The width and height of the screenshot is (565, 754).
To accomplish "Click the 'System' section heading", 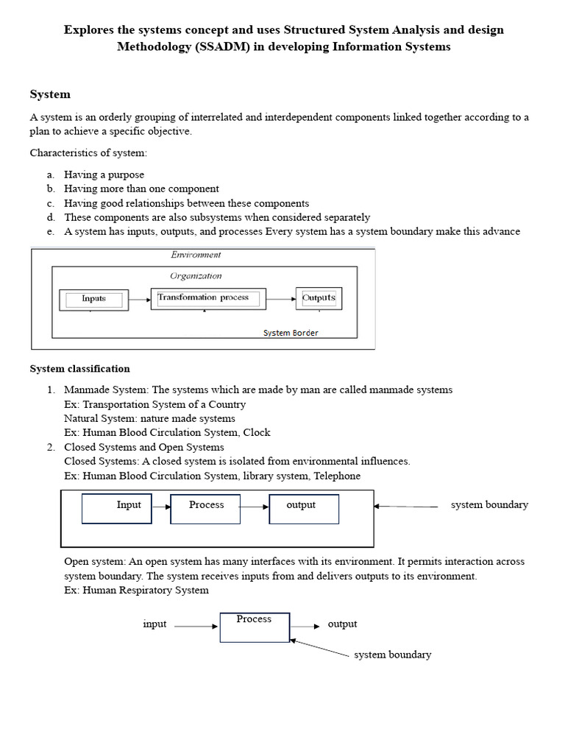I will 50,94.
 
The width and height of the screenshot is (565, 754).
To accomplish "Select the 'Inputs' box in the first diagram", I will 93,299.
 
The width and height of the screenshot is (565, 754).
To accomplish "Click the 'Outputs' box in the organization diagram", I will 319,298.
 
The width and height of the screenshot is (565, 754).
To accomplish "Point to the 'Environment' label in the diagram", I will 196,255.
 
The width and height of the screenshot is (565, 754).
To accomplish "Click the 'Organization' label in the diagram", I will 196,276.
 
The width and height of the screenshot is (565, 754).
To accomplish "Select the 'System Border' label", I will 291,333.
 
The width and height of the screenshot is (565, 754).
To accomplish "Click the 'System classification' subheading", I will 79,369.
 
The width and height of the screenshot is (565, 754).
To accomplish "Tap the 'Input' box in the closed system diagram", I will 117,508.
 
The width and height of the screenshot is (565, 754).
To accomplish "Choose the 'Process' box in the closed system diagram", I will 205,508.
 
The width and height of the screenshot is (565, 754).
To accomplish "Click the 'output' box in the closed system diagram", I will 304,508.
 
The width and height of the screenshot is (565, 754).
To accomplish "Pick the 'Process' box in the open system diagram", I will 255,627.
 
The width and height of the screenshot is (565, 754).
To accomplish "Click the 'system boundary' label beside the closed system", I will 489,505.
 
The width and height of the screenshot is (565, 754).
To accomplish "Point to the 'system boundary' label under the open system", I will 392,655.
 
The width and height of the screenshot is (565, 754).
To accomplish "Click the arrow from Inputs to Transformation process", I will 140,299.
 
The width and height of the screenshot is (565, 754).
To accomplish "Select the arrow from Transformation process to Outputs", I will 280,299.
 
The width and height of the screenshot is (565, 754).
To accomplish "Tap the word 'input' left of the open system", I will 154,624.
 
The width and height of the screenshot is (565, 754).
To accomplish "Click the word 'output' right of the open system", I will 342,624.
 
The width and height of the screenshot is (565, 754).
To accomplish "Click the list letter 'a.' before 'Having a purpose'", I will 51,175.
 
